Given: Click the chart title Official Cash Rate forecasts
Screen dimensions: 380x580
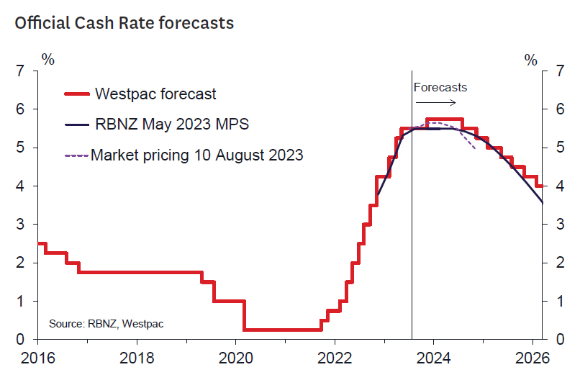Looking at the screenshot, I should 124,23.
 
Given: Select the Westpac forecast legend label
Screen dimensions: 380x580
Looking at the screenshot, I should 155,94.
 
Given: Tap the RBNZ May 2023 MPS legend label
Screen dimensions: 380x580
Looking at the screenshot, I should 172,125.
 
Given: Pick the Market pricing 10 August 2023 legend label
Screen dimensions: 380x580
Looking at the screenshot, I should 197,155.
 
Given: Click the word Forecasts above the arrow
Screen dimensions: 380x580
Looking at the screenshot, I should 440,88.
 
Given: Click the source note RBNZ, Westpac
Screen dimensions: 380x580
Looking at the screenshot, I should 107,324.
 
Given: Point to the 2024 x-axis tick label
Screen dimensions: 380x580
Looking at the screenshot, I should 433,357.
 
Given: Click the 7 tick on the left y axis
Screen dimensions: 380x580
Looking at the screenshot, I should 20,71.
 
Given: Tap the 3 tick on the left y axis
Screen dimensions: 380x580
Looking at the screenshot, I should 20,225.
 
